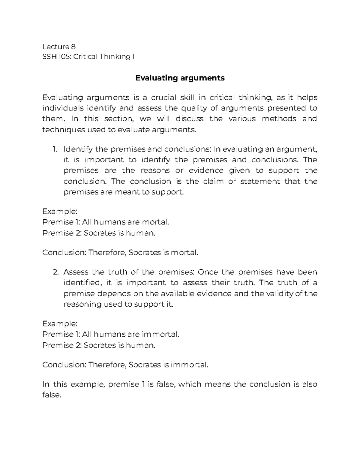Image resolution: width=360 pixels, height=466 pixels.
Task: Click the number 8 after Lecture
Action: point(73,47)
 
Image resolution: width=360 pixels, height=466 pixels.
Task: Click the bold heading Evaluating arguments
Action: point(180,78)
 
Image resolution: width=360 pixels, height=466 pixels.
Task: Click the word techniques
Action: point(59,130)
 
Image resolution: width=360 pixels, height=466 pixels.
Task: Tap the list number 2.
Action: point(55,272)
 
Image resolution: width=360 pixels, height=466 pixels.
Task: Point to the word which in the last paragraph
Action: point(190,384)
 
